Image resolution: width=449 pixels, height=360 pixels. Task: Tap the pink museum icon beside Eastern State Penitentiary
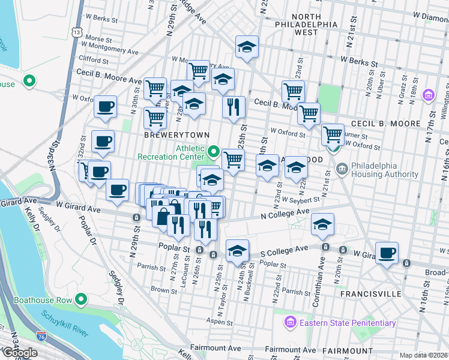291,323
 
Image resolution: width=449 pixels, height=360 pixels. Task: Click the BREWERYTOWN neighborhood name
169,136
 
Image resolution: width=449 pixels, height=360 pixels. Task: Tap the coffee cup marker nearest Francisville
387,253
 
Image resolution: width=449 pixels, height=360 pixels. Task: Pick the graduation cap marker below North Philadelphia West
247,47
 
